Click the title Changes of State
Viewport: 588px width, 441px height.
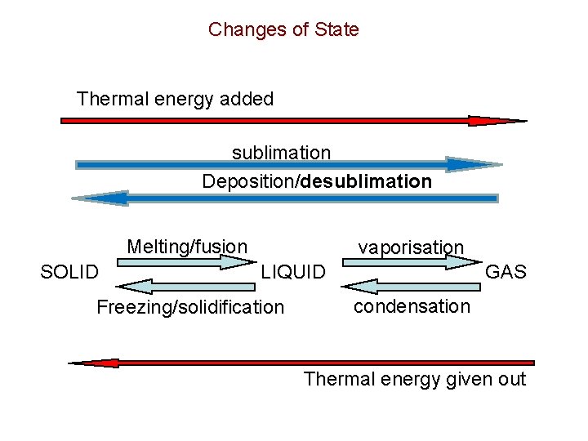click(283, 30)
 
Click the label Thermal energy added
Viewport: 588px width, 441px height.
click(175, 100)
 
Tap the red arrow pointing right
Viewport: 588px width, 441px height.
click(294, 121)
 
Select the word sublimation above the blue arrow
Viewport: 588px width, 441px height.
click(281, 153)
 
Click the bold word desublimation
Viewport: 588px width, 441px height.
click(366, 181)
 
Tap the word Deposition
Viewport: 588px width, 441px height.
click(249, 181)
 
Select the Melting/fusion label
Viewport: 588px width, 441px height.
click(187, 246)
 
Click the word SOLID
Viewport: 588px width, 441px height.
click(69, 272)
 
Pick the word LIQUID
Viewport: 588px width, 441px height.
click(293, 272)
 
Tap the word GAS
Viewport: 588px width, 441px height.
click(506, 272)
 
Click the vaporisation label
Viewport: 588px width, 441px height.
click(411, 247)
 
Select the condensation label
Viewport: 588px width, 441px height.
click(412, 306)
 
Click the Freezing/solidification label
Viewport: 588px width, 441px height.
click(190, 308)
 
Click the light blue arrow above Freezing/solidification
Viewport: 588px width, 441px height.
click(186, 286)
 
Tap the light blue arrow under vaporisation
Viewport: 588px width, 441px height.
click(412, 262)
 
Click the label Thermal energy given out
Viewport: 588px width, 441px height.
click(415, 379)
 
